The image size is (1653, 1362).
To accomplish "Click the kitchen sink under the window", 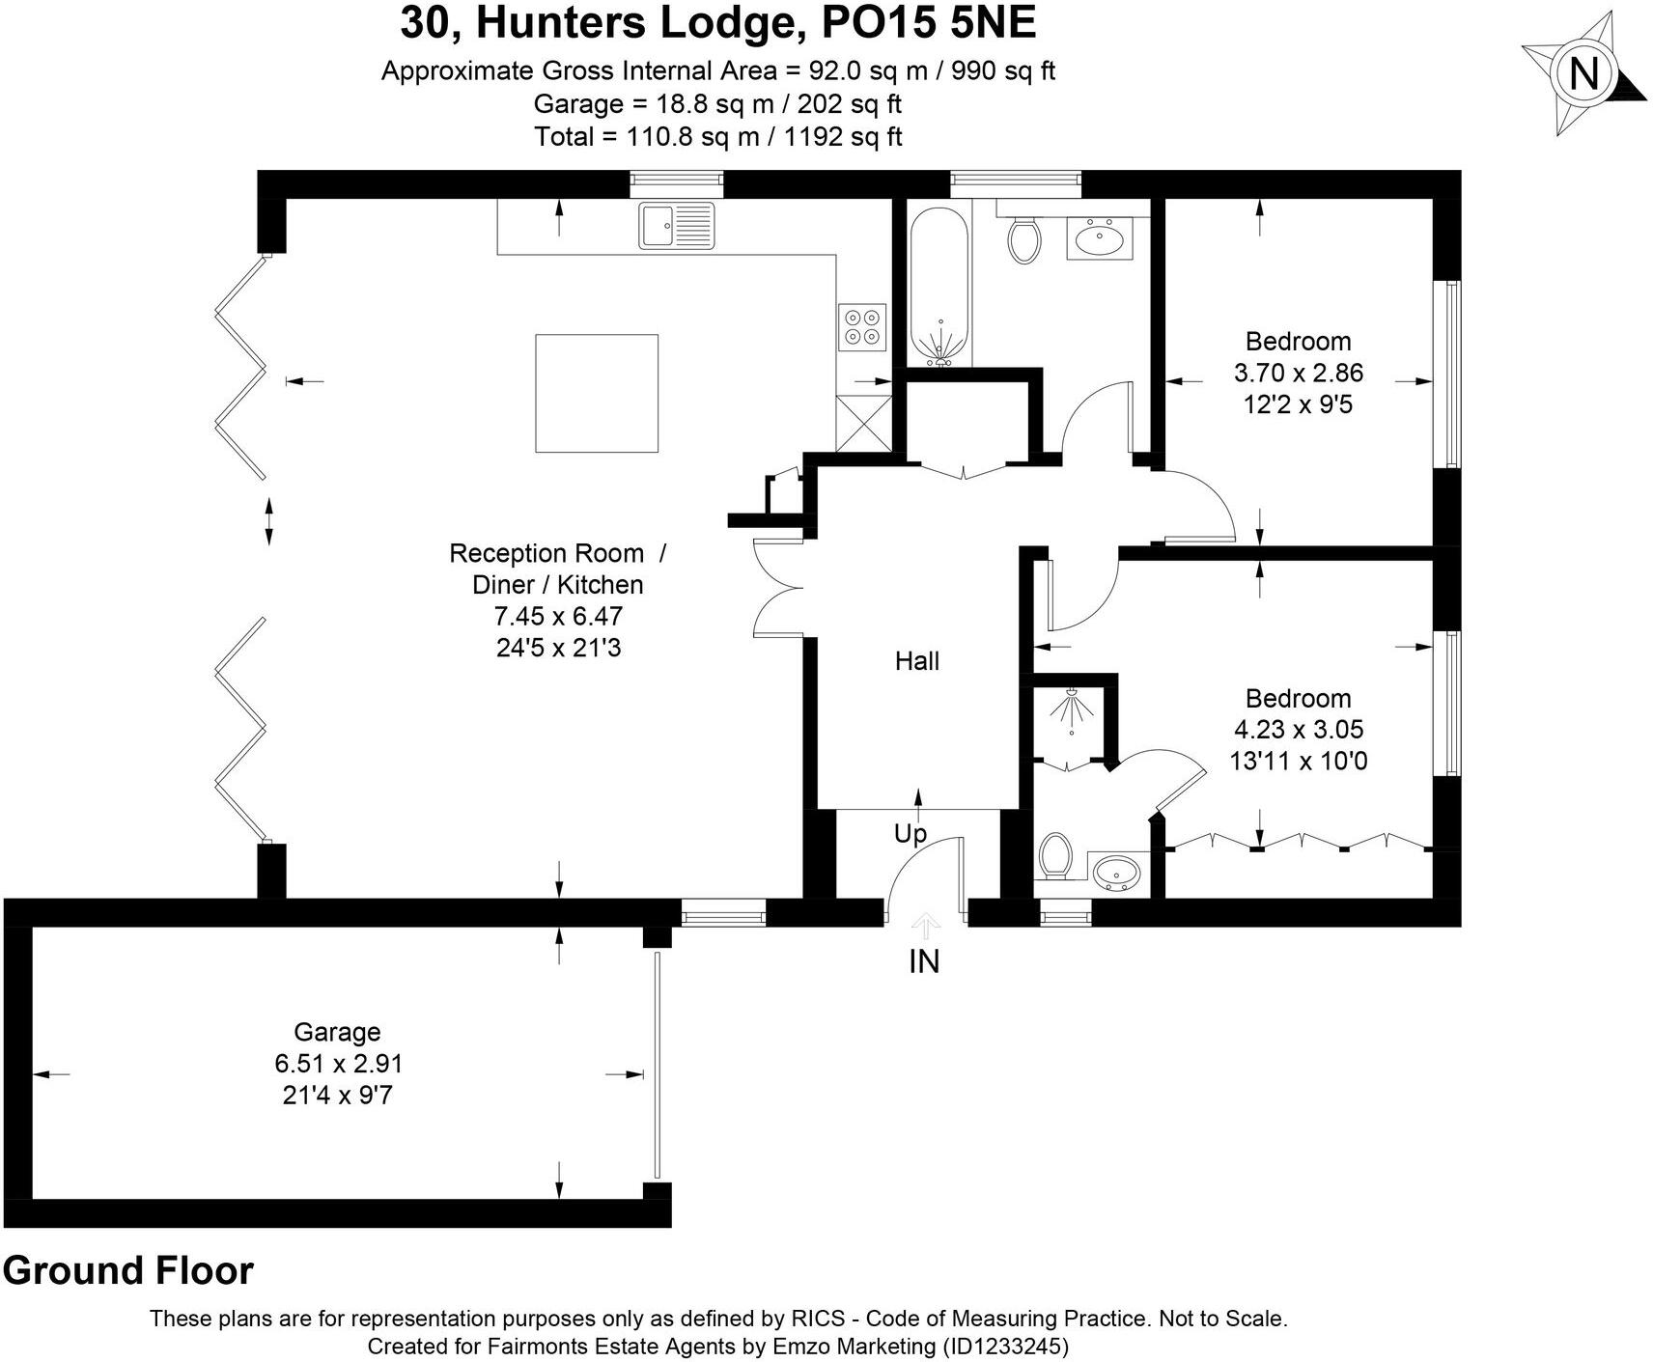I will (x=676, y=225).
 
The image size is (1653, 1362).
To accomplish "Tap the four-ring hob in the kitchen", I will (x=862, y=325).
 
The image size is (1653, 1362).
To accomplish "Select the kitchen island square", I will (x=597, y=393).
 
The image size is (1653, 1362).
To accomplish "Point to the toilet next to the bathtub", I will (x=1023, y=238).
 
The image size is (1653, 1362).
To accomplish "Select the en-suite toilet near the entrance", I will (x=1055, y=855).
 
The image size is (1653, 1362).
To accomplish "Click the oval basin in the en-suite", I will (x=1117, y=874).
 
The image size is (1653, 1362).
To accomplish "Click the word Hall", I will (x=916, y=661).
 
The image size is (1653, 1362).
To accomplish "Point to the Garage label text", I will (x=337, y=1032).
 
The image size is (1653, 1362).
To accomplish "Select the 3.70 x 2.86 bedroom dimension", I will (x=1298, y=373).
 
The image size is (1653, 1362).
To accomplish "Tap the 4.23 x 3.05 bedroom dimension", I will (x=1298, y=730).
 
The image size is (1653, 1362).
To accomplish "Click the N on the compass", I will (x=1583, y=74).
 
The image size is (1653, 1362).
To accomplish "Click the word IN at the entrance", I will (x=924, y=961).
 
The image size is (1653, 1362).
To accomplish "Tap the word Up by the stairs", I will (x=910, y=833).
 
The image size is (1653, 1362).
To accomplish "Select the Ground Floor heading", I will (x=127, y=1270).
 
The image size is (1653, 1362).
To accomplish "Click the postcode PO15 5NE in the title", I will (x=928, y=23).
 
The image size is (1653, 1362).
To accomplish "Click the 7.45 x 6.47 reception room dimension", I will (x=558, y=616).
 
